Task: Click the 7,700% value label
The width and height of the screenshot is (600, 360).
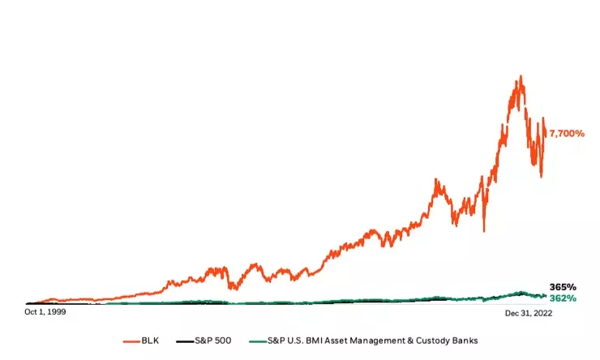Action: point(567,133)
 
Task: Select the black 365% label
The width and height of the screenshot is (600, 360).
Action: point(563,287)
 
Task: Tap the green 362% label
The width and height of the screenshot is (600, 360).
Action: point(563,298)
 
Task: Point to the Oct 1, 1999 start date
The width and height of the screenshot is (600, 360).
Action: point(45,311)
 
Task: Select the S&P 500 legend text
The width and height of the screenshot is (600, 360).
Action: point(212,341)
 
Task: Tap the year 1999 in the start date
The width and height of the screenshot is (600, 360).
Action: point(55,311)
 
